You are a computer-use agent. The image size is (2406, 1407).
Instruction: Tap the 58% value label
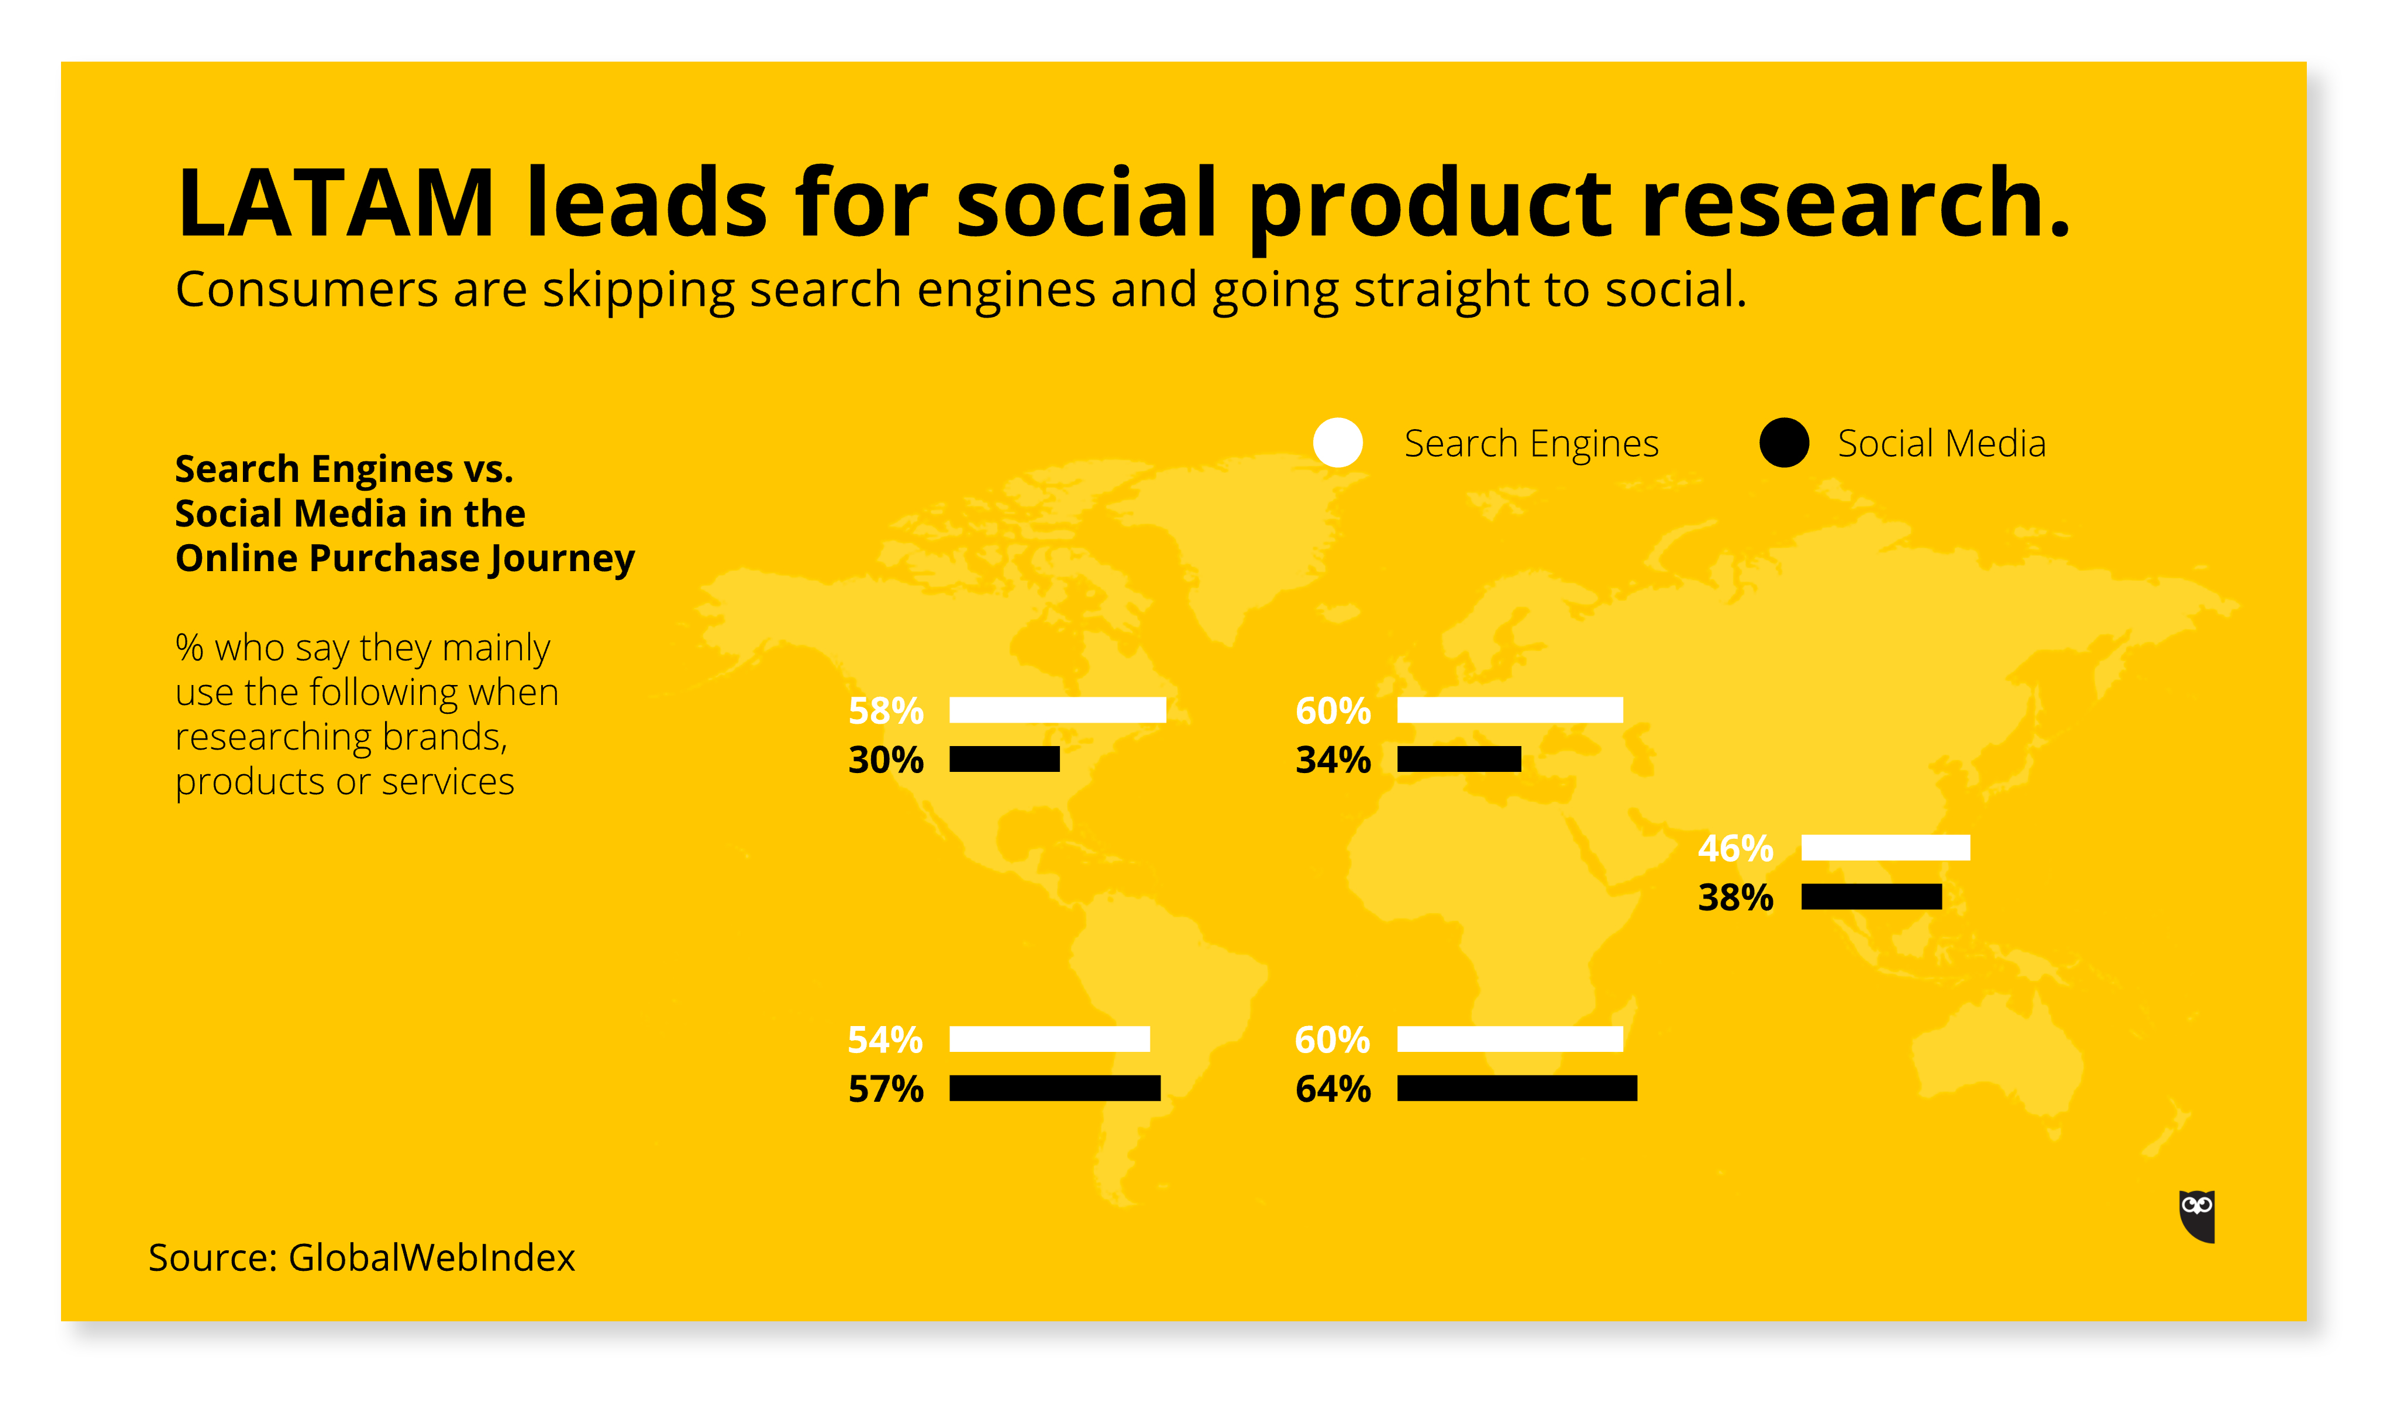[x=886, y=711]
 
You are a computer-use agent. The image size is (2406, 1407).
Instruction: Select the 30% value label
[x=886, y=760]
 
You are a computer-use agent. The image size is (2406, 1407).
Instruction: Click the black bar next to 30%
[x=1005, y=760]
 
